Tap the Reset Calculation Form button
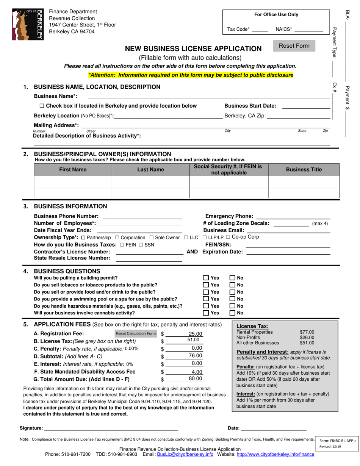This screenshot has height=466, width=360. (135, 333)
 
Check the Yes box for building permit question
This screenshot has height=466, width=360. (206, 278)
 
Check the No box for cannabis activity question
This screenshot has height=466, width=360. (232, 313)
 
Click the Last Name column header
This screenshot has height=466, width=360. (150, 170)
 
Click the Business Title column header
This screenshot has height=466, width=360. (304, 170)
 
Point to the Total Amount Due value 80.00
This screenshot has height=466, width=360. (196, 378)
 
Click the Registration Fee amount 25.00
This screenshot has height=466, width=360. (196, 334)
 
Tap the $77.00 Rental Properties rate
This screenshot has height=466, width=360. (307, 332)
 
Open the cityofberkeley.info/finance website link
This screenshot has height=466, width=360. (275, 454)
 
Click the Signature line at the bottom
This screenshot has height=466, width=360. (111, 428)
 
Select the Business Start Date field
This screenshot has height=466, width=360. (306, 106)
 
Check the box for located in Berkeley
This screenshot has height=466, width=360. (42, 106)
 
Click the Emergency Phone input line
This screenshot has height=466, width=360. (293, 216)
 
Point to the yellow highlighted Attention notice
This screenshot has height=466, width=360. (191, 75)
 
